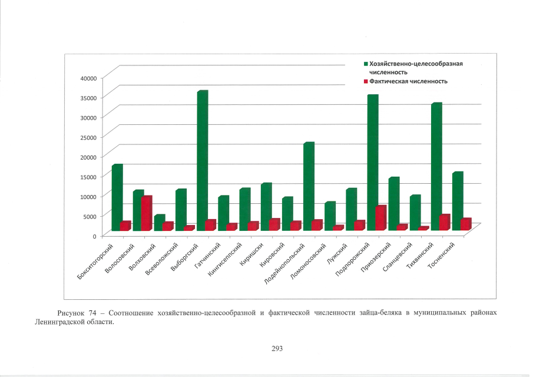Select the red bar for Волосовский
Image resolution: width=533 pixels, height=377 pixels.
(146, 213)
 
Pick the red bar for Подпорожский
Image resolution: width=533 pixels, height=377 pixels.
(380, 218)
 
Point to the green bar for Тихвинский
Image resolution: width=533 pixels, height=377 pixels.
(436, 165)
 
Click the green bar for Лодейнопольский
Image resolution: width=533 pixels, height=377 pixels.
(308, 186)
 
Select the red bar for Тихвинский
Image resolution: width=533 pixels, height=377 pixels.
(444, 222)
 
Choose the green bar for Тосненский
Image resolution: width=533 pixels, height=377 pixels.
(457, 200)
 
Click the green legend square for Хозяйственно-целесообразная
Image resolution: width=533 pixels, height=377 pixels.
(366, 63)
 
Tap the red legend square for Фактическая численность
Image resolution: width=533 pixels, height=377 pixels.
(366, 81)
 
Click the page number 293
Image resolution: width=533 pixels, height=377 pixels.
(277, 349)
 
